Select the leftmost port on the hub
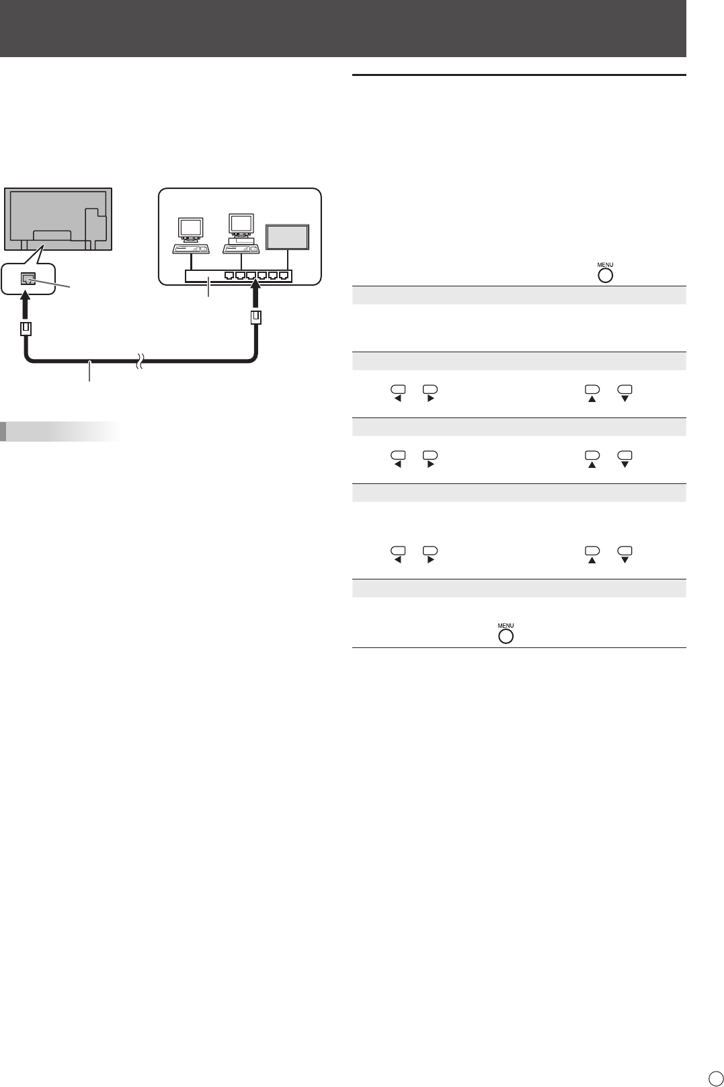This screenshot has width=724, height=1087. pyautogui.click(x=231, y=275)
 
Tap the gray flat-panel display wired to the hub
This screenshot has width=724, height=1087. pyautogui.click(x=288, y=237)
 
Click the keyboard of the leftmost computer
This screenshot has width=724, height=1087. pyautogui.click(x=191, y=249)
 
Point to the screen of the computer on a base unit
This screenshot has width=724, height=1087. pyautogui.click(x=240, y=223)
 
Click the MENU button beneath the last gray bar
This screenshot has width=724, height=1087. pyautogui.click(x=506, y=633)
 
